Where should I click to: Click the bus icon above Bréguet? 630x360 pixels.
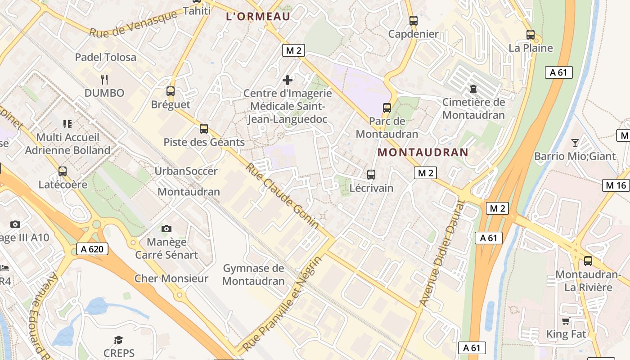pyautogui.click(x=170, y=91)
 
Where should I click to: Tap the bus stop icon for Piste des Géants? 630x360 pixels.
pyautogui.click(x=204, y=129)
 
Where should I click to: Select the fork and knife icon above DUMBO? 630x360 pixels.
pyautogui.click(x=104, y=80)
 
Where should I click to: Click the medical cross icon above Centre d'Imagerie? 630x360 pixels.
pyautogui.click(x=287, y=80)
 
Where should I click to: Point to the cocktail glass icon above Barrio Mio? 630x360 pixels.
pyautogui.click(x=575, y=143)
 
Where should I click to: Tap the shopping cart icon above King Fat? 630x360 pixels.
pyautogui.click(x=566, y=321)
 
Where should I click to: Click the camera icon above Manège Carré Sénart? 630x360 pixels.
pyautogui.click(x=166, y=229)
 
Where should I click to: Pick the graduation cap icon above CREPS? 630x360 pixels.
pyautogui.click(x=118, y=340)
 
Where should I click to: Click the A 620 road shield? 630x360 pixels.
pyautogui.click(x=92, y=249)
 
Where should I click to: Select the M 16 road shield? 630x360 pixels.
pyautogui.click(x=616, y=185)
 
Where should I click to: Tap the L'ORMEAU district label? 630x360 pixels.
pyautogui.click(x=258, y=17)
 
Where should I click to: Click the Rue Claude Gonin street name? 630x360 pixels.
pyautogui.click(x=283, y=196)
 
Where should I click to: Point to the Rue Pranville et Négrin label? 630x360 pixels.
pyautogui.click(x=283, y=304)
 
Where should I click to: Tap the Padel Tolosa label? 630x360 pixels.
pyautogui.click(x=105, y=57)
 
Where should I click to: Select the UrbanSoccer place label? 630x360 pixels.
pyautogui.click(x=186, y=171)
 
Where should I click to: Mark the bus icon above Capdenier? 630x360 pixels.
pyautogui.click(x=413, y=20)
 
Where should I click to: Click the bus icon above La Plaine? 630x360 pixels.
pyautogui.click(x=531, y=34)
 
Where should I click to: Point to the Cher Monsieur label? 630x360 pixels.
pyautogui.click(x=171, y=279)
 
